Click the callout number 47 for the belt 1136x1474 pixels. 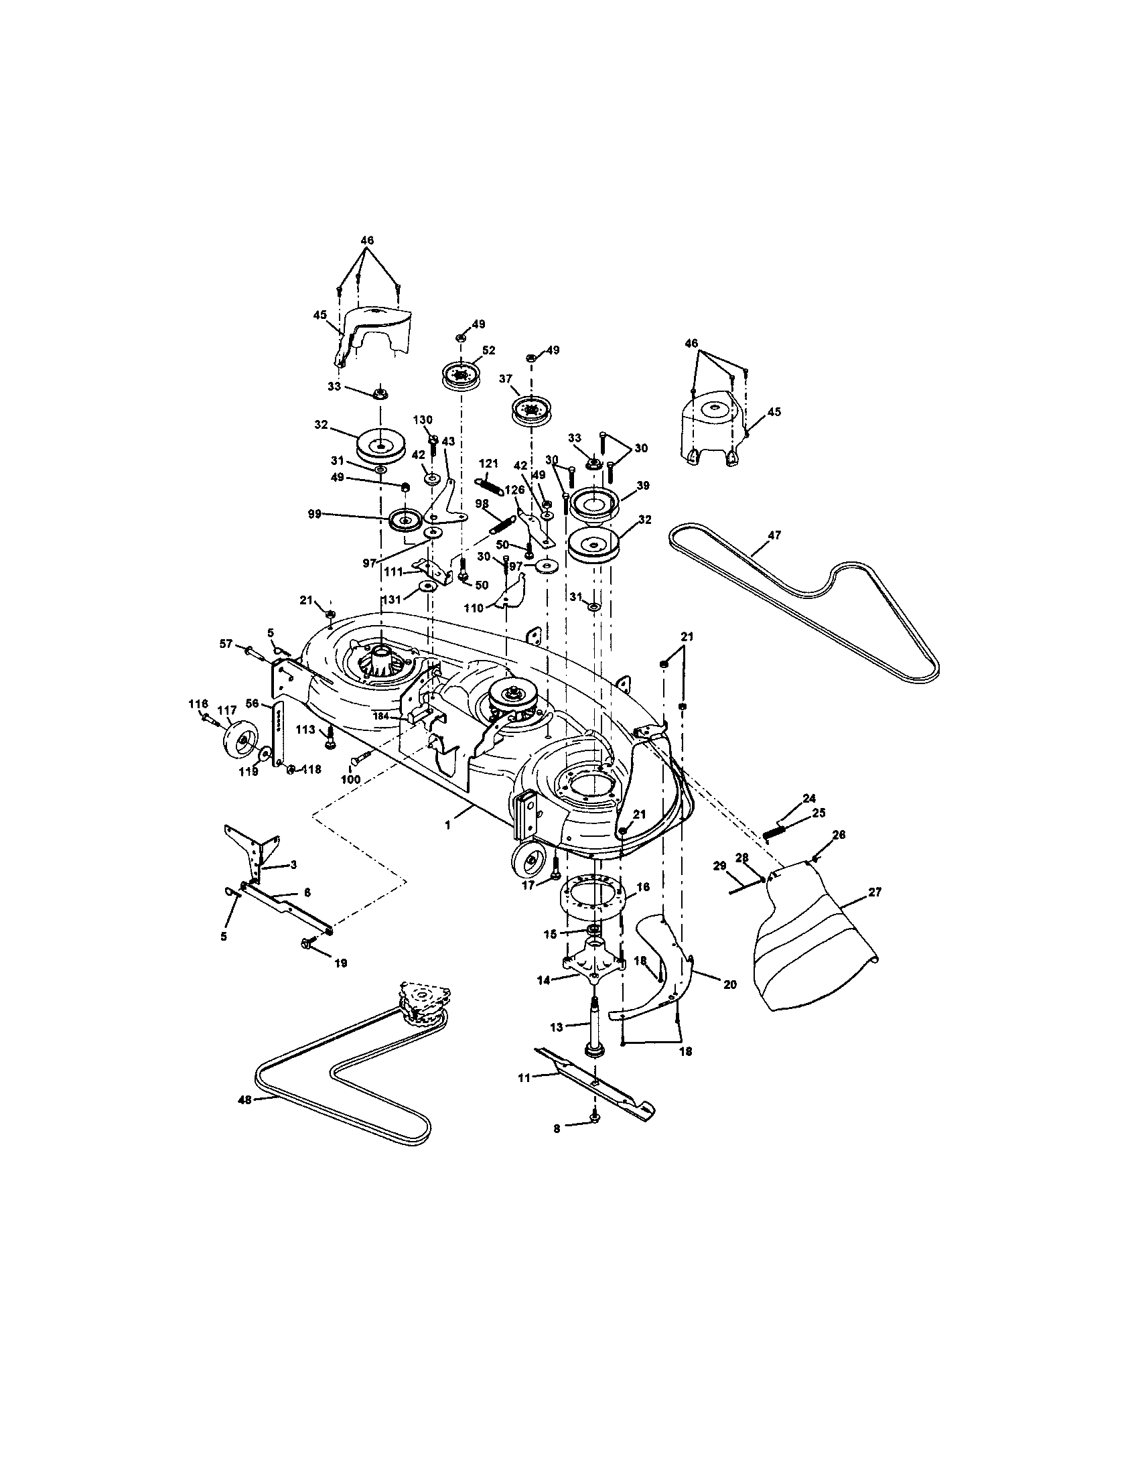pyautogui.click(x=774, y=535)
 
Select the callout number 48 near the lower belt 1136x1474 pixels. pyautogui.click(x=244, y=1099)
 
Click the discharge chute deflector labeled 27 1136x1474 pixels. pyautogui.click(x=816, y=945)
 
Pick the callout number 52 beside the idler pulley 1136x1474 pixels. pyautogui.click(x=488, y=350)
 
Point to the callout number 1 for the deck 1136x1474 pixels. pyautogui.click(x=447, y=825)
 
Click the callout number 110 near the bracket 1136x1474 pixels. pyautogui.click(x=474, y=608)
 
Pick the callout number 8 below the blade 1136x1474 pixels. pyautogui.click(x=557, y=1128)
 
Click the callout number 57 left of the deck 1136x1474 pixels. pyautogui.click(x=226, y=645)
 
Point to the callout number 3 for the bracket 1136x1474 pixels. pyautogui.click(x=293, y=864)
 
